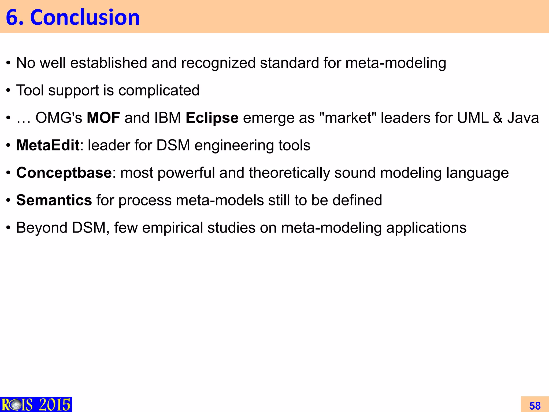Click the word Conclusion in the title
[85, 17]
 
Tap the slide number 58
[535, 406]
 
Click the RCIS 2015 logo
[36, 404]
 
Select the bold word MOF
[103, 118]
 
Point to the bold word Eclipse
[212, 118]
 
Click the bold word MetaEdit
[48, 145]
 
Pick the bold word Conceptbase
[64, 172]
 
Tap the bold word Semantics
[54, 200]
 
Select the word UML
[473, 118]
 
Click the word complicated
[159, 90]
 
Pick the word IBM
[168, 118]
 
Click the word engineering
[234, 145]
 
